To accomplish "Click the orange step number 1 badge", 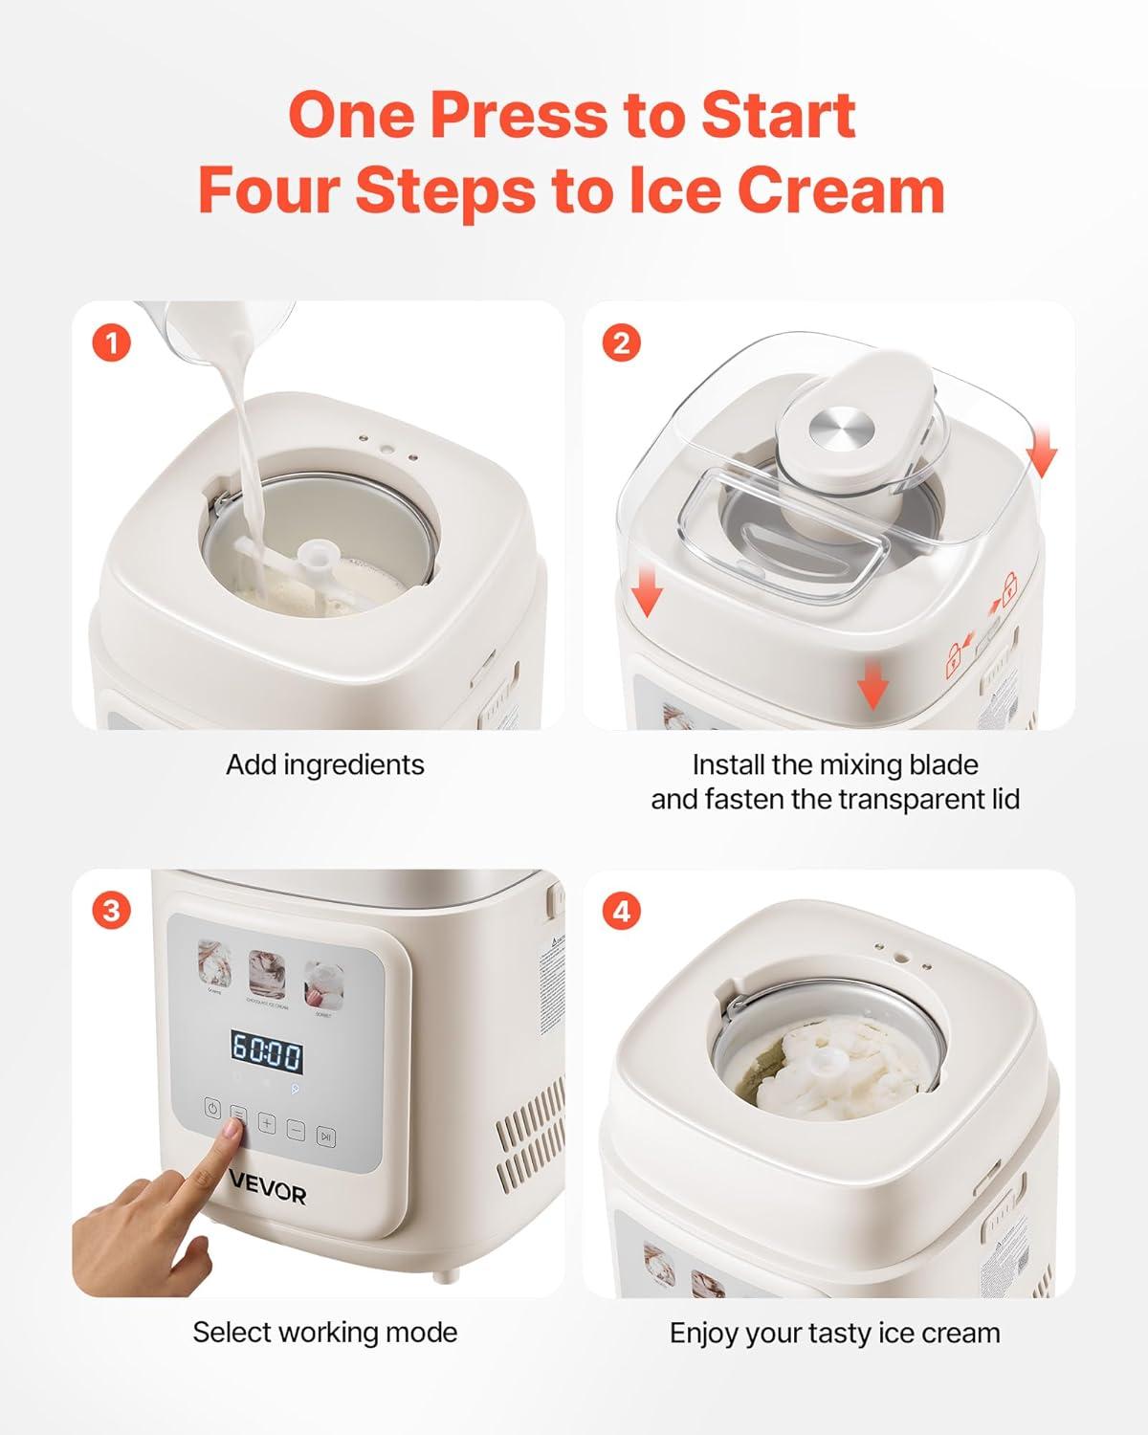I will point(112,342).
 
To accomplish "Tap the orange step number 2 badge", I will point(622,342).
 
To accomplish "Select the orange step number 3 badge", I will point(112,910).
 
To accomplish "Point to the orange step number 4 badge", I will point(622,910).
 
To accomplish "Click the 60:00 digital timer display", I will point(267,1055).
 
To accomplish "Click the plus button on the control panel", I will point(267,1125).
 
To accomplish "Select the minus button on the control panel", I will point(297,1131).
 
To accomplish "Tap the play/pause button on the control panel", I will point(326,1137).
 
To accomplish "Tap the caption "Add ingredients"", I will point(324,764).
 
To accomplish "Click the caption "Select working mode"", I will point(324,1332).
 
